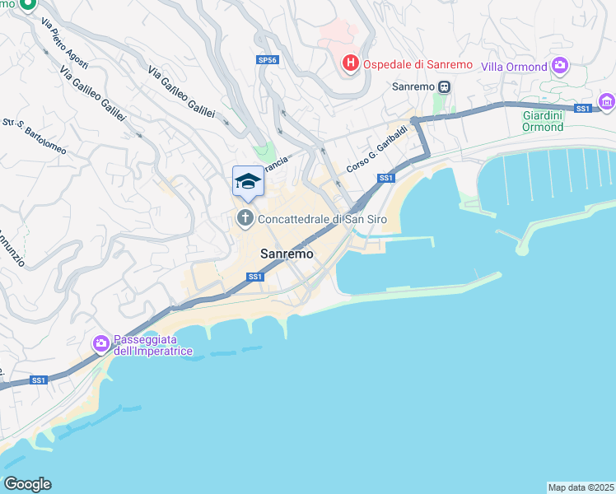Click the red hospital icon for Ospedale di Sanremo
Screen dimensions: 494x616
[x=350, y=63]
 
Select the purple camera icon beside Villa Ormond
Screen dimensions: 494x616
[x=560, y=65]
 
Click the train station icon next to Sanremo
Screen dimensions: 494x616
[x=444, y=86]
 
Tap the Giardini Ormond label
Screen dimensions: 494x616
[x=544, y=121]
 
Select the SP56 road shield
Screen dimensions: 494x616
[x=267, y=60]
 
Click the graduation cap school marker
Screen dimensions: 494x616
[x=248, y=181]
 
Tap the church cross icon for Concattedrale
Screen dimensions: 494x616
[x=245, y=218]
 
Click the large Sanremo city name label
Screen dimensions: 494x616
[x=287, y=254]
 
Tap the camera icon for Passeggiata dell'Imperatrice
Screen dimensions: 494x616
[x=101, y=343]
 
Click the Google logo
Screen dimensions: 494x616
[x=27, y=484]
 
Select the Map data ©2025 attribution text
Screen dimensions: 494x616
[x=581, y=487]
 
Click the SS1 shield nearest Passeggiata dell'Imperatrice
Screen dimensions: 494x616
[x=39, y=380]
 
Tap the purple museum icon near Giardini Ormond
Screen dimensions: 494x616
[x=607, y=102]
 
